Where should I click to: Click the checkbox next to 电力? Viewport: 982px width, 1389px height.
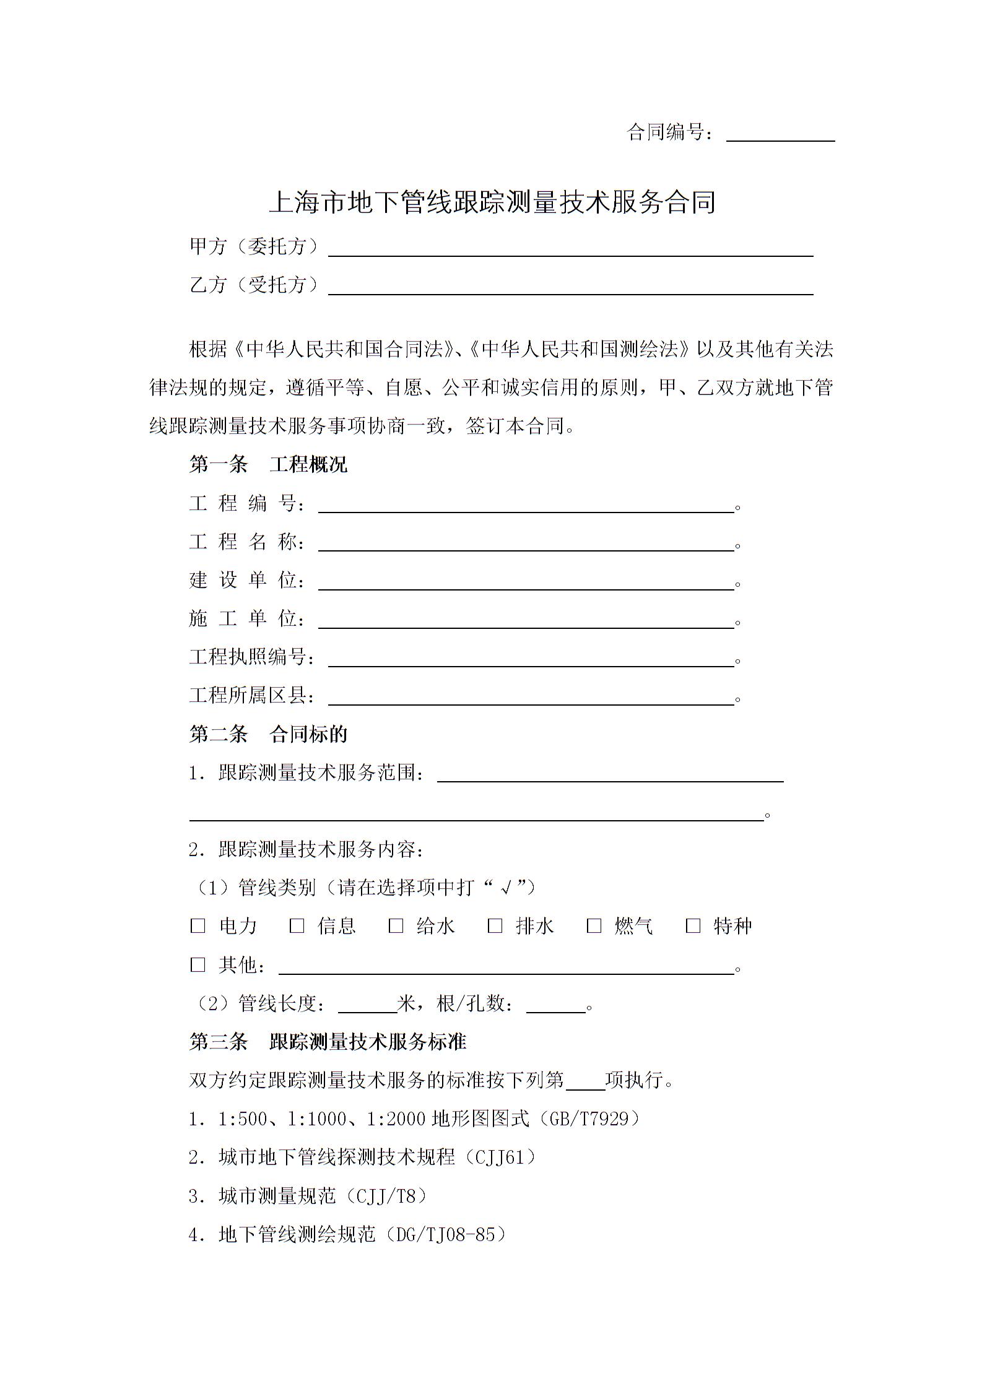[x=198, y=926]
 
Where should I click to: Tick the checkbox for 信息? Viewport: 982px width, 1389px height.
[x=297, y=926]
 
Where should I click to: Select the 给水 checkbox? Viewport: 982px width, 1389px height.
[x=396, y=926]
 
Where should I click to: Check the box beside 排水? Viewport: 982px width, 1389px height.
[x=495, y=926]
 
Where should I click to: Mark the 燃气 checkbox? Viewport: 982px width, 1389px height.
[x=594, y=926]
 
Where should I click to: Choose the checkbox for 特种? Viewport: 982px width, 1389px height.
[x=693, y=926]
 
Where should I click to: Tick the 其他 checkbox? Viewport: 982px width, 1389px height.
[x=198, y=964]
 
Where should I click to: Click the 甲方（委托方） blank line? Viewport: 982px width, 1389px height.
[x=570, y=249]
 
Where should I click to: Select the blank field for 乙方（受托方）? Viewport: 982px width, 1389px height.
[x=570, y=287]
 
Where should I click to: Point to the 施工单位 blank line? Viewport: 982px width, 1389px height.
[x=526, y=621]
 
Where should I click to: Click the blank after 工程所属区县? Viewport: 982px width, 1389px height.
[x=531, y=698]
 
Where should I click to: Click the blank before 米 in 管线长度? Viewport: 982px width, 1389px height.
[x=367, y=1005]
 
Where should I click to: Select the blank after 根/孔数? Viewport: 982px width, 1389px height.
[x=555, y=1005]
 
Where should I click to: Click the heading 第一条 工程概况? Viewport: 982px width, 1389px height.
[x=268, y=464]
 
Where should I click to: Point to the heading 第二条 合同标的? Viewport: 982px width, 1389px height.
[x=268, y=734]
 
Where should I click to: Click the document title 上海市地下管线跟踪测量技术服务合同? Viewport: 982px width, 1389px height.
[x=492, y=202]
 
